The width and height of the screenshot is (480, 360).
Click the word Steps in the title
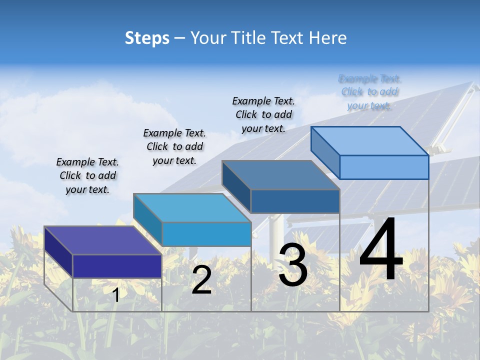[x=147, y=38]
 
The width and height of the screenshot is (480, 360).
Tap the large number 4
[x=381, y=250]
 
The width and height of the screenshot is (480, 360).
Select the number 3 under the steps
[x=293, y=265]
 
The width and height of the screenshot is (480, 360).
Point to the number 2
[x=201, y=280]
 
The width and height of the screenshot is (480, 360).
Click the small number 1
[x=116, y=295]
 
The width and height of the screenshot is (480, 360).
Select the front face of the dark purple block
[x=117, y=266]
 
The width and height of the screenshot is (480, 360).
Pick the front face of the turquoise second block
[x=206, y=234]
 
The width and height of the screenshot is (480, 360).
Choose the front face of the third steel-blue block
[x=295, y=201]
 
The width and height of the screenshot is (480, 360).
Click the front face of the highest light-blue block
[x=384, y=167]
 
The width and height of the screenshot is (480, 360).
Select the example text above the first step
[x=87, y=176]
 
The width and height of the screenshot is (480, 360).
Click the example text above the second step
[x=174, y=146]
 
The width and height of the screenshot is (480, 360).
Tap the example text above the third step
[x=263, y=114]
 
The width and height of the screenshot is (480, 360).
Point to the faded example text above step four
[x=369, y=92]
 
